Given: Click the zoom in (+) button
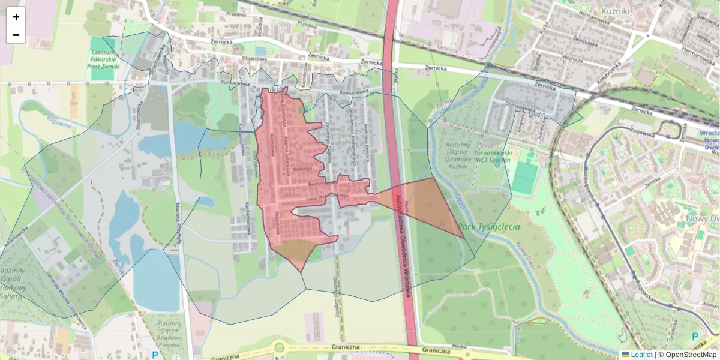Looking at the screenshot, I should (x=16, y=17).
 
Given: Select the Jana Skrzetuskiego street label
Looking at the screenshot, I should (x=328, y=196).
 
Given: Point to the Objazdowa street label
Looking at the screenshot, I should (x=253, y=59).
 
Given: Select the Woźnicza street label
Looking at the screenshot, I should (x=572, y=58).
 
